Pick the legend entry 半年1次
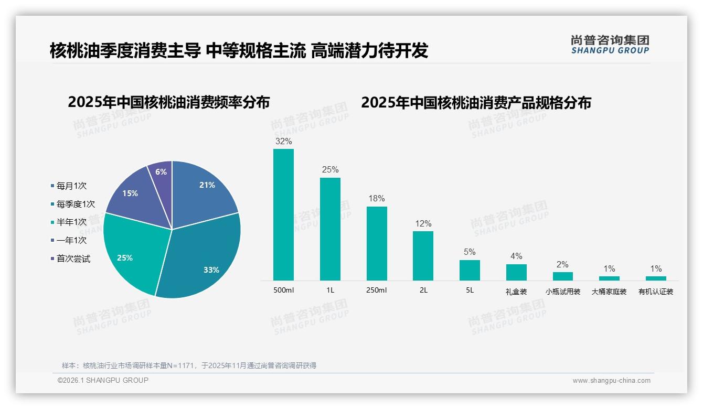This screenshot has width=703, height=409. [71, 222]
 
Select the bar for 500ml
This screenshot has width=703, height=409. [283, 215]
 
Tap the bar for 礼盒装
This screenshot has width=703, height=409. [516, 272]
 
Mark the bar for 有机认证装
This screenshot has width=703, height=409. [656, 278]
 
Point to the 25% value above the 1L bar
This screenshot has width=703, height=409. [330, 170]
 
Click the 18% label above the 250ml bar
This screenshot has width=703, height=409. [377, 199]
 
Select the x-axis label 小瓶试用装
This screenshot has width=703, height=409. [563, 292]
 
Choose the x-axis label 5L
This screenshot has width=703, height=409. [470, 290]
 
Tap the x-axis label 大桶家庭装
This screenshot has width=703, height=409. [609, 292]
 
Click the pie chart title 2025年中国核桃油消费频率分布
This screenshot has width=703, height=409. [168, 102]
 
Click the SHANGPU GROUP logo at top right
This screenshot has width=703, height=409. [610, 45]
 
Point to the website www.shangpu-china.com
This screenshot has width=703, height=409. [611, 381]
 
